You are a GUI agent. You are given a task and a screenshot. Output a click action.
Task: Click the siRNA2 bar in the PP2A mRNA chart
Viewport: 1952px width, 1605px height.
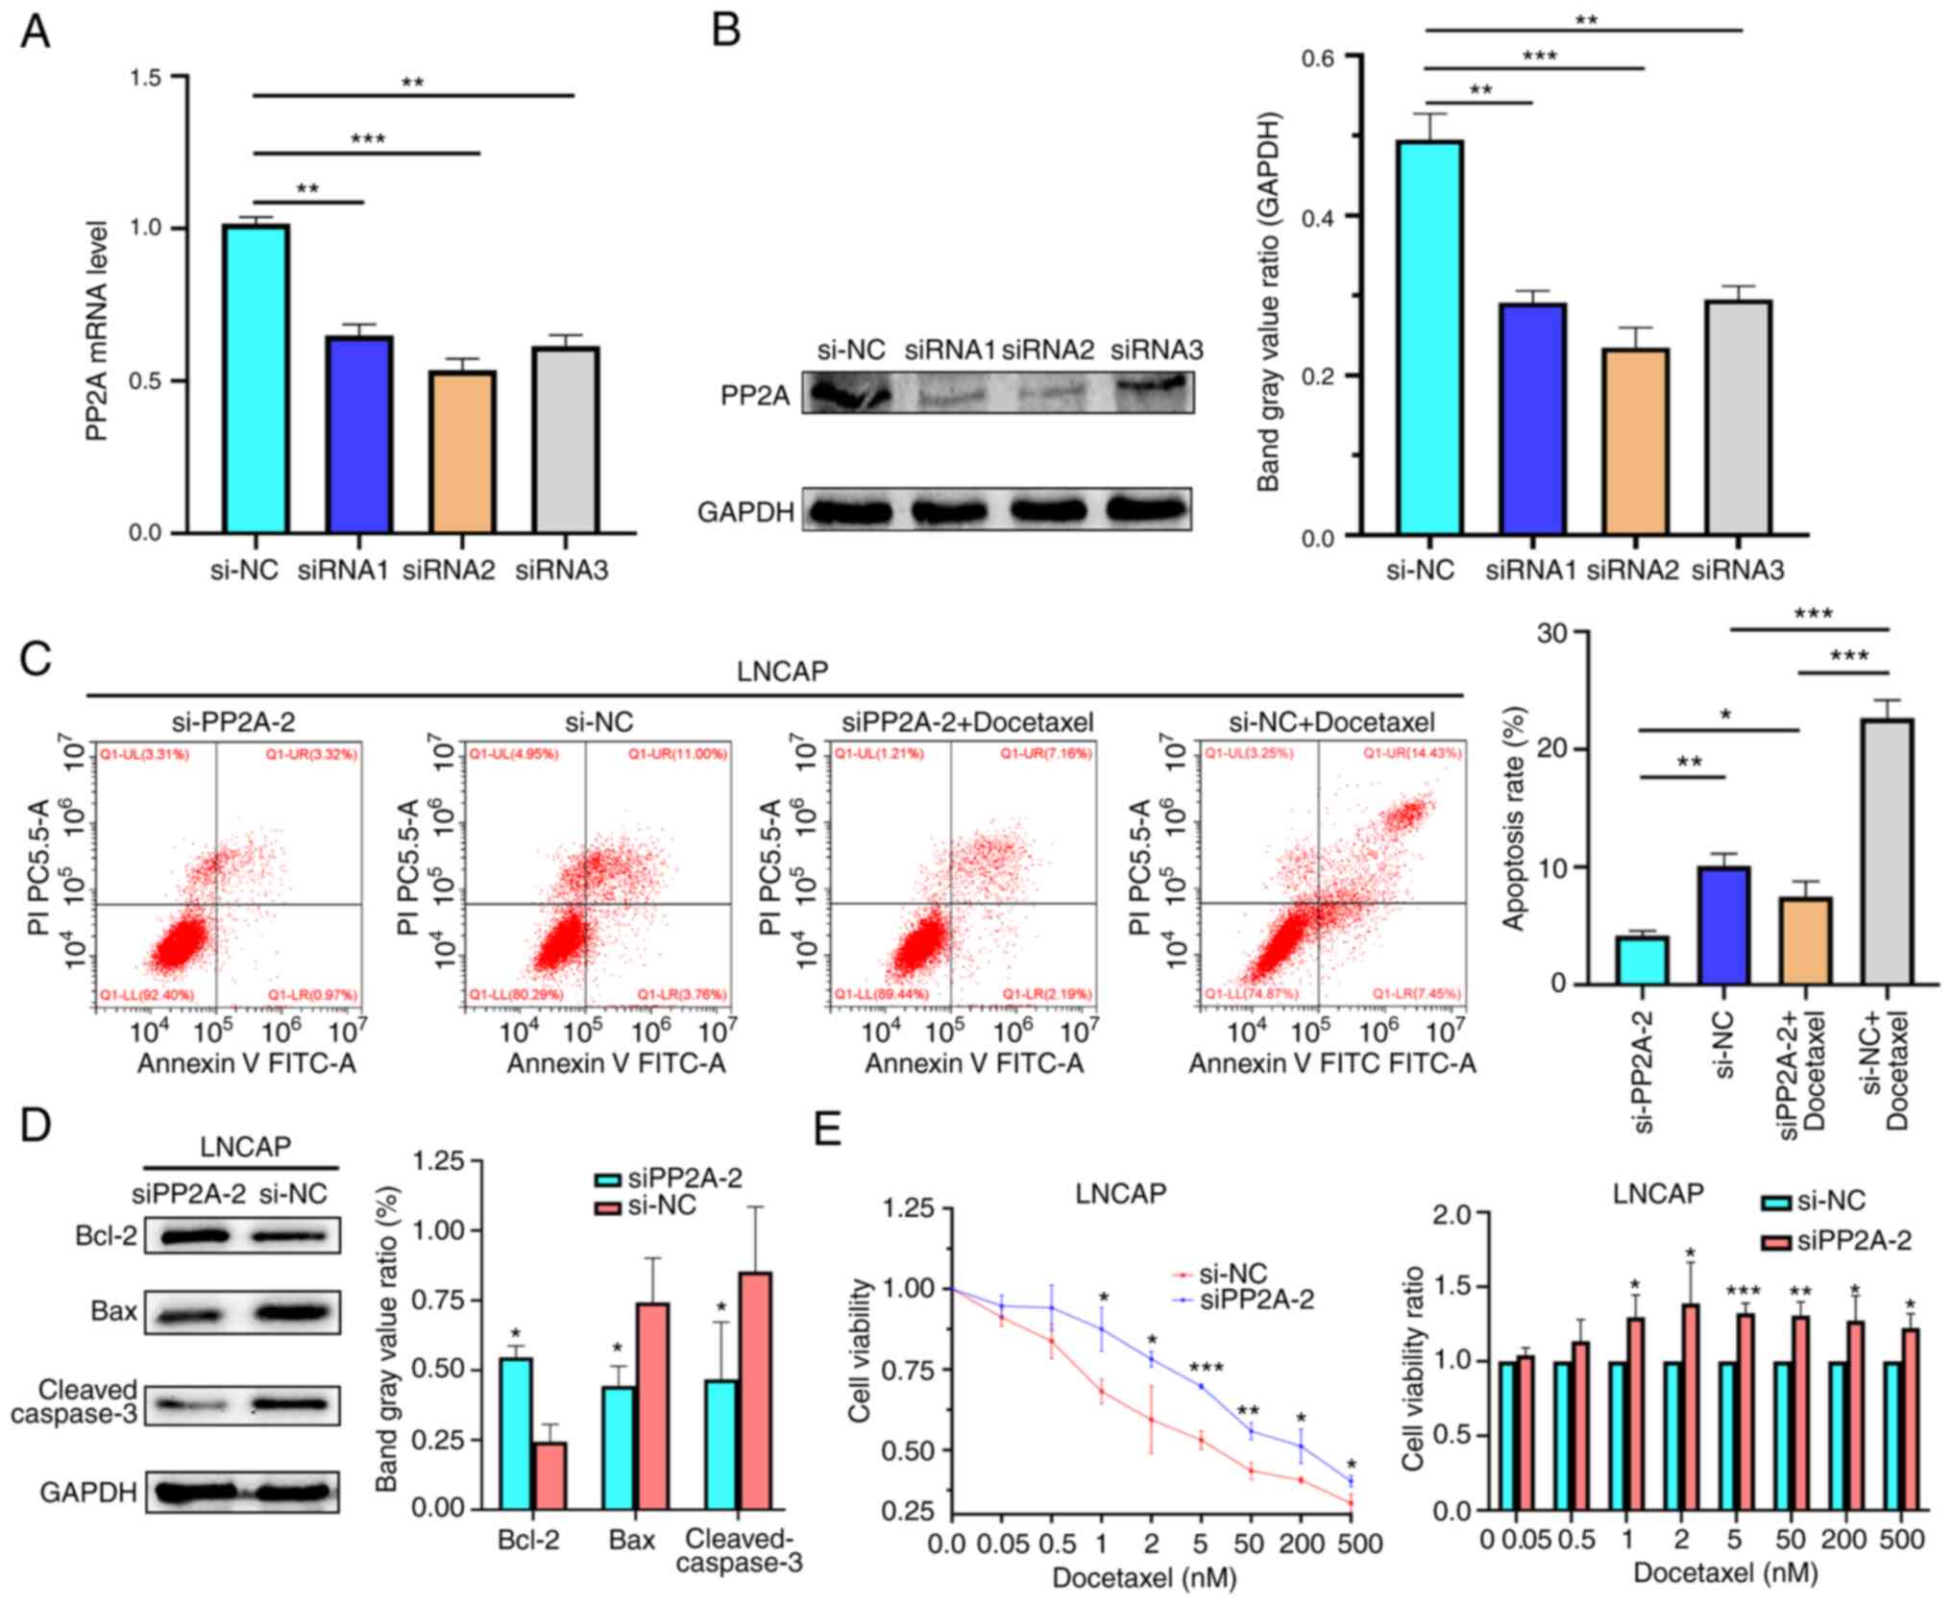pos(463,451)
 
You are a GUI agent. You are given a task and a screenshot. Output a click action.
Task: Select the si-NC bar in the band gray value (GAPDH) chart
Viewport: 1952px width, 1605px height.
pos(1430,336)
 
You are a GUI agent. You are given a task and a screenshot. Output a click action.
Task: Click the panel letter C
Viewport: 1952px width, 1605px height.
pos(36,660)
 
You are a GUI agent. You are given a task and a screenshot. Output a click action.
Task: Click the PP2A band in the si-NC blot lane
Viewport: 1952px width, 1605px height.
pos(846,394)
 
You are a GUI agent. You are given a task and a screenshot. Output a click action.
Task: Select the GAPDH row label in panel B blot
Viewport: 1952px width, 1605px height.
pos(745,512)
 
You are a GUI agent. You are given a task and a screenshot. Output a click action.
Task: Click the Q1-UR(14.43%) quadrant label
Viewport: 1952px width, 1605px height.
pos(1412,754)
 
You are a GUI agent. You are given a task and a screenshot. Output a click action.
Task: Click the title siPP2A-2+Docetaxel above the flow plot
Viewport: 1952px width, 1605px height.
pos(967,721)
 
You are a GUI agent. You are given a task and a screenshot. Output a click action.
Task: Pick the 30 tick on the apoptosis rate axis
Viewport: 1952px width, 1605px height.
pos(1551,633)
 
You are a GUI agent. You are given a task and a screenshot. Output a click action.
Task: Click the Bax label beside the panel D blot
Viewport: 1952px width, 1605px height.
pos(113,1311)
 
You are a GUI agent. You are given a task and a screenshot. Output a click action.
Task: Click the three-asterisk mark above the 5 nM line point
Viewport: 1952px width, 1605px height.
pos(1206,1369)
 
